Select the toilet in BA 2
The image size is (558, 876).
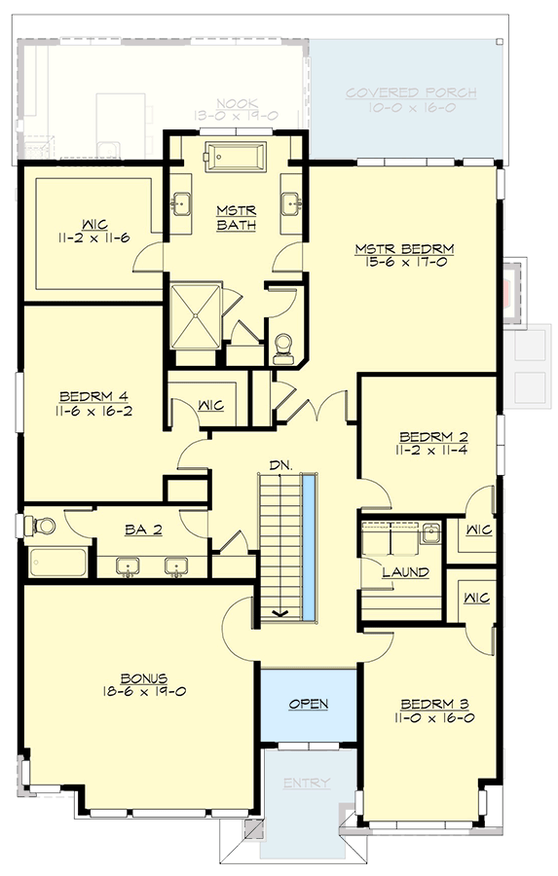pyautogui.click(x=42, y=527)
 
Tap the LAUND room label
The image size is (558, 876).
pyautogui.click(x=405, y=572)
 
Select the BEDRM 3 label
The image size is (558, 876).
pyautogui.click(x=423, y=703)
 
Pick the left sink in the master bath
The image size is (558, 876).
pyautogui.click(x=182, y=203)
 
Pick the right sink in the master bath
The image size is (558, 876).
pyautogui.click(x=290, y=203)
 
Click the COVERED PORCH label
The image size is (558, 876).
pyautogui.click(x=412, y=93)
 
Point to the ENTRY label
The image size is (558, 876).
pyautogui.click(x=307, y=784)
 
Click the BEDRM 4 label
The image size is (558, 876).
pyautogui.click(x=94, y=396)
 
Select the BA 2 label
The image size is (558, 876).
pyautogui.click(x=142, y=529)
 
